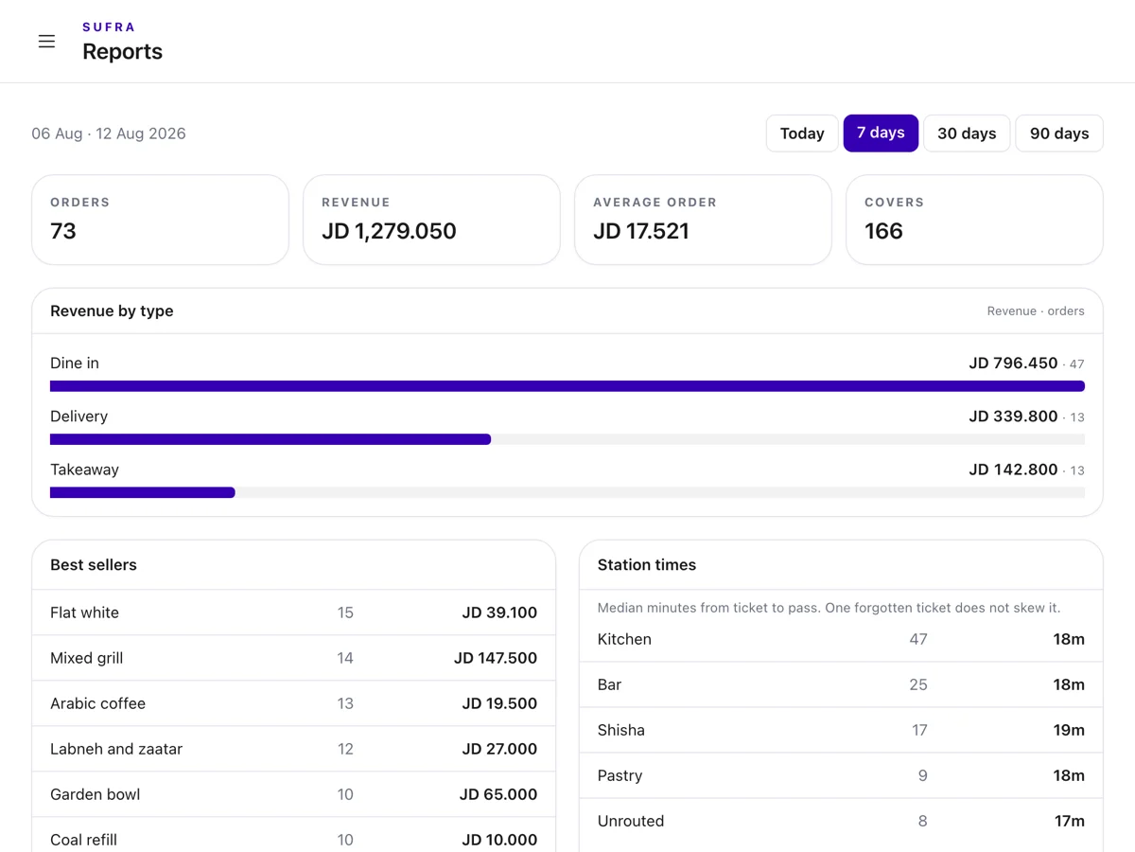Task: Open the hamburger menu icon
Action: click(46, 42)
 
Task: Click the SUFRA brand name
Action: click(109, 27)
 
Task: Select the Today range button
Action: click(802, 133)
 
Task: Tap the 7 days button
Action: click(881, 133)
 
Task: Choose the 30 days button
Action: click(967, 133)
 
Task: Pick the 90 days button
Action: click(1059, 133)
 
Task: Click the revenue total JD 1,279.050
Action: click(389, 231)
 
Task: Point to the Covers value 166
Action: click(883, 231)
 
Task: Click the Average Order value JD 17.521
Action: click(641, 231)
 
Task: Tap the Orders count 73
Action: click(63, 231)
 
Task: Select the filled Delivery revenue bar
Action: click(271, 439)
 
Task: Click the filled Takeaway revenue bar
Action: click(143, 492)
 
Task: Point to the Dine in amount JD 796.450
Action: click(1013, 364)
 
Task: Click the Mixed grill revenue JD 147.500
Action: click(496, 658)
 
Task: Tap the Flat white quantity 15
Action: click(345, 612)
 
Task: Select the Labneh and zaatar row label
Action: click(116, 749)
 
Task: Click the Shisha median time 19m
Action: click(1069, 730)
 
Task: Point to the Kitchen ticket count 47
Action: click(918, 639)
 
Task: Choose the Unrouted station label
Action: click(631, 821)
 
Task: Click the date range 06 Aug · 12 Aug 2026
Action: click(109, 133)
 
